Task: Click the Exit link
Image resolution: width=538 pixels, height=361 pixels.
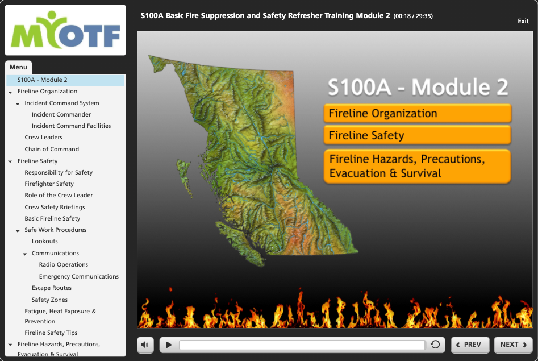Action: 523,21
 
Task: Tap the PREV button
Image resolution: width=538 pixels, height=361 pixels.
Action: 470,345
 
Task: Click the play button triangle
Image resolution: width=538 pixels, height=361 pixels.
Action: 169,345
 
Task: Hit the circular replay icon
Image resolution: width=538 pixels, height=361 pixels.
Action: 435,344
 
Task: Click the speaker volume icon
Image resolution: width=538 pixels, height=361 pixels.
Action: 145,345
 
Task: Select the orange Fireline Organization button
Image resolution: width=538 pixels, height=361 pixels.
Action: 417,113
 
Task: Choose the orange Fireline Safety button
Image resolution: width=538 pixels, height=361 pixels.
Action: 417,135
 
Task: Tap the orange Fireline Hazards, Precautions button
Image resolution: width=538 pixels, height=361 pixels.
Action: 417,166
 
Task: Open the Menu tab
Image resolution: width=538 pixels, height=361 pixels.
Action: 19,67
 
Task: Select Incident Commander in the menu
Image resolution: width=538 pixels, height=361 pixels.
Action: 61,114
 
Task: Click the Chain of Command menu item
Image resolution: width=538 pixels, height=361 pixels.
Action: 52,149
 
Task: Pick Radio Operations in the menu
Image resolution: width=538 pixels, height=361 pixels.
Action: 64,264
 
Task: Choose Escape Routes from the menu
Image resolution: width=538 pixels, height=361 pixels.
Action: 52,288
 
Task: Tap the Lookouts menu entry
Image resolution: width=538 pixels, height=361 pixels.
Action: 45,241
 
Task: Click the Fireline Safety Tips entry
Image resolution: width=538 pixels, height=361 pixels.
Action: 51,333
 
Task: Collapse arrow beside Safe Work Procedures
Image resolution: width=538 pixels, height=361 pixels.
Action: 18,231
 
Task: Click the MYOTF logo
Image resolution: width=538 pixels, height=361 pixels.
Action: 65,30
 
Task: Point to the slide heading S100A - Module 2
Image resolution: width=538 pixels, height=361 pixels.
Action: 418,86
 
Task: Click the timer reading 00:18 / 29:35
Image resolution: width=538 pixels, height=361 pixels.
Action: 413,16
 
